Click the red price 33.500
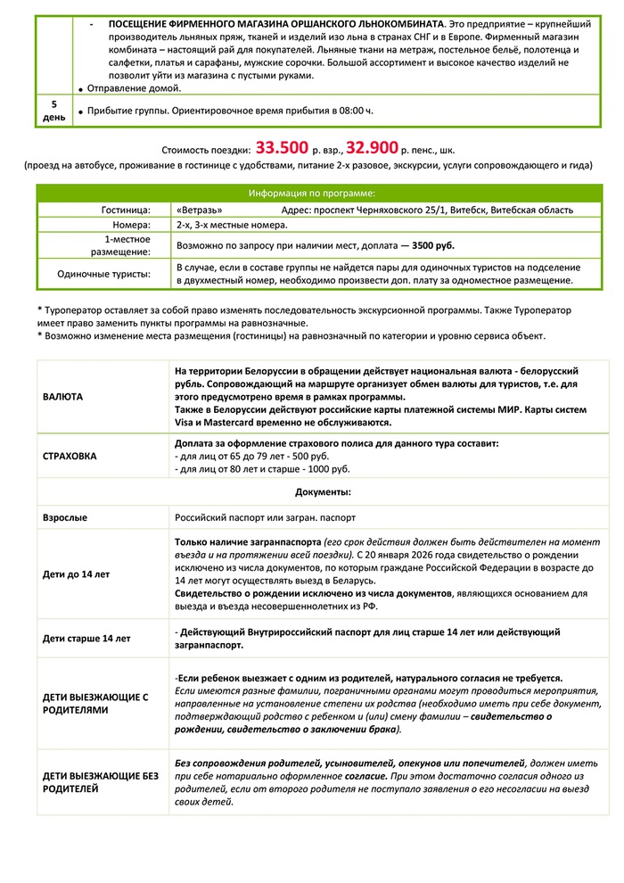(x=282, y=148)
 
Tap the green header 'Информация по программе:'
(x=311, y=193)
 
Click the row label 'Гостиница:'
(x=127, y=210)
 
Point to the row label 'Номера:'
(x=131, y=225)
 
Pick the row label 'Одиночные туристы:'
(x=103, y=274)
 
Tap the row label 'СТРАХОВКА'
(x=70, y=456)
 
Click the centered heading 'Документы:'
(x=323, y=491)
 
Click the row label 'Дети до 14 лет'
(x=77, y=574)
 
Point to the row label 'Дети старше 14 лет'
(x=86, y=638)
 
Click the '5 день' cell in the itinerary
(x=54, y=111)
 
